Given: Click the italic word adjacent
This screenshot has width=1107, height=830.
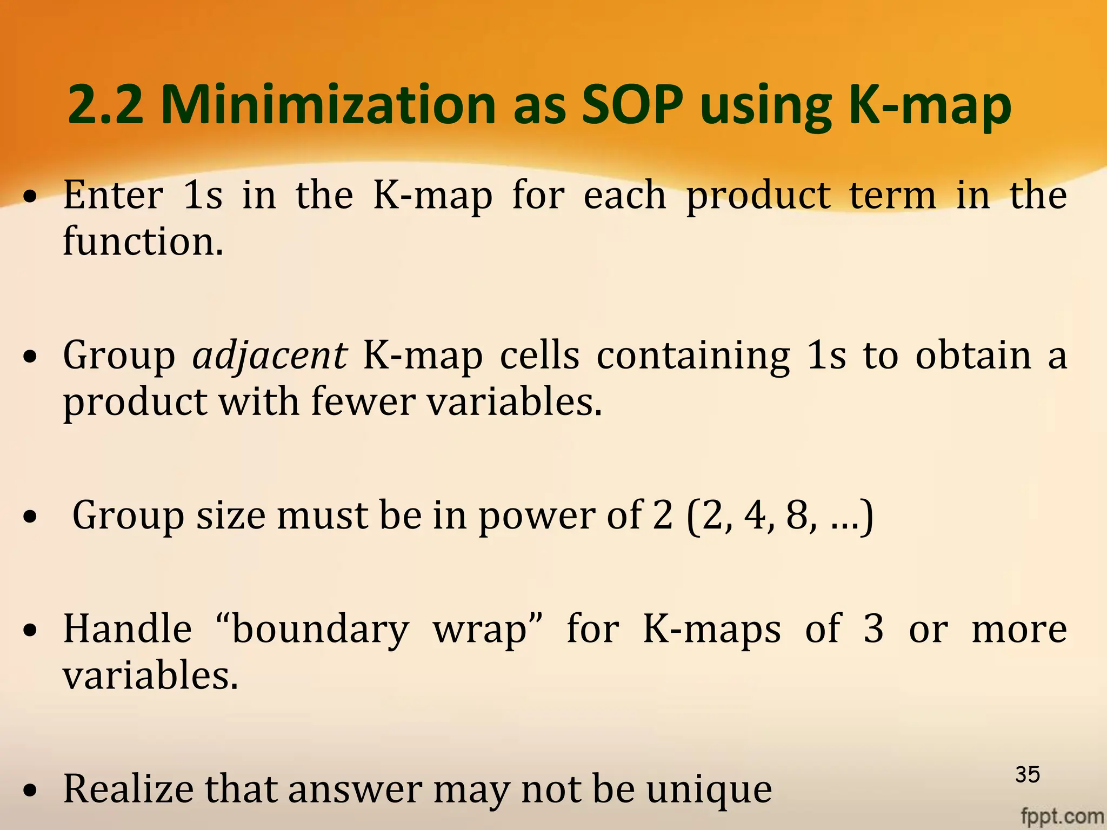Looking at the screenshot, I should [x=270, y=357].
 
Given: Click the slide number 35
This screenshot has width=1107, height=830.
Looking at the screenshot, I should [x=1028, y=775].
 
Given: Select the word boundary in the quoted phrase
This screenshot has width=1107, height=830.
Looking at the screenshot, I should [x=321, y=630].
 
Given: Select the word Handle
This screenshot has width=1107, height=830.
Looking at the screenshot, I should [x=128, y=629].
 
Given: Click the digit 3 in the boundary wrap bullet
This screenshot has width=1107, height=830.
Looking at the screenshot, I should [x=873, y=629].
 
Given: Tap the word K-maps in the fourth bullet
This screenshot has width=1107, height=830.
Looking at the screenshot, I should [x=712, y=630].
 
